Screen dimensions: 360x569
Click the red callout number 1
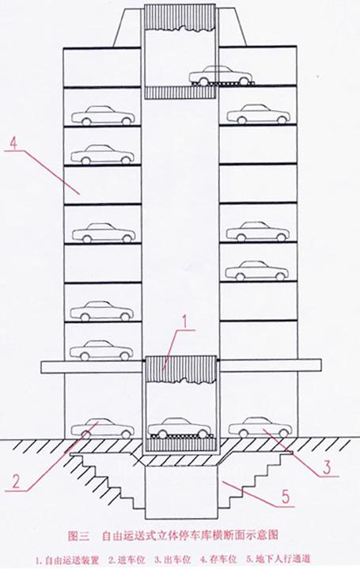[185, 322]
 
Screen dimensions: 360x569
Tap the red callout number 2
[17, 481]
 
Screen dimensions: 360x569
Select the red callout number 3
[327, 467]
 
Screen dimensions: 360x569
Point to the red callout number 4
[13, 144]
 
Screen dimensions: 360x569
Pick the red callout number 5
[286, 496]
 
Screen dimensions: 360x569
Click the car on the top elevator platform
[221, 75]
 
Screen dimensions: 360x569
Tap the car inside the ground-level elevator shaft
[180, 428]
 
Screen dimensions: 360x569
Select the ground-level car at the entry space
[102, 428]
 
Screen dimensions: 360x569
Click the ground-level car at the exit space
[260, 427]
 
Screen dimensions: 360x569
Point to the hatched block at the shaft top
[180, 18]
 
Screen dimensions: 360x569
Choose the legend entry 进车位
[131, 560]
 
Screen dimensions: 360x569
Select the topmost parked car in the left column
[103, 116]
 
